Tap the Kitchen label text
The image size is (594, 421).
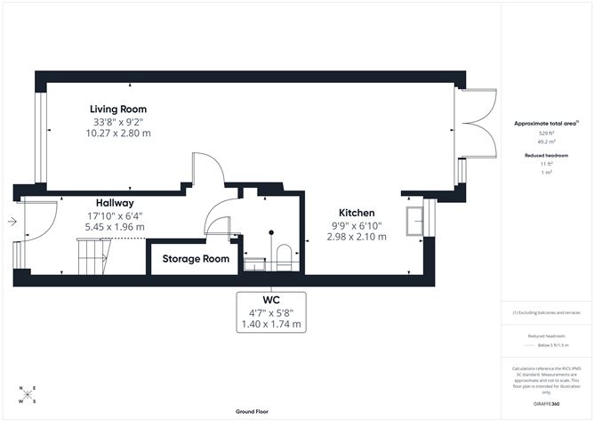356,213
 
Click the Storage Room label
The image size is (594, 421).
195,259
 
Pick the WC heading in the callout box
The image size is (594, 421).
271,300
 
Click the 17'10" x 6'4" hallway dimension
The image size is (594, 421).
115,215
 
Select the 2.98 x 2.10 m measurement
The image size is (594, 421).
356,237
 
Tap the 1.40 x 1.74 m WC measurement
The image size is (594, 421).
271,324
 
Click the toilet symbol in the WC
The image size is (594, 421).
284,257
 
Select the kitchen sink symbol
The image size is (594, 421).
413,218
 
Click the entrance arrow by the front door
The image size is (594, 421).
9,223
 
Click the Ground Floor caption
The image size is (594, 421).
253,412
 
